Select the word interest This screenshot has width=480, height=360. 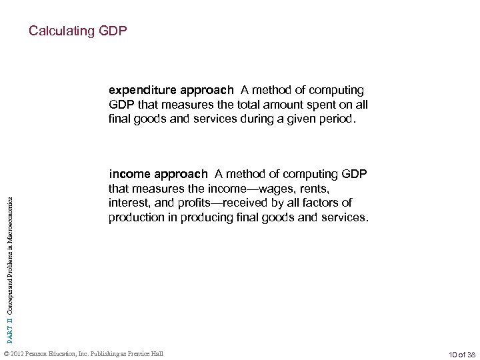(x=127, y=203)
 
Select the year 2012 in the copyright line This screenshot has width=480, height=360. (x=17, y=352)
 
